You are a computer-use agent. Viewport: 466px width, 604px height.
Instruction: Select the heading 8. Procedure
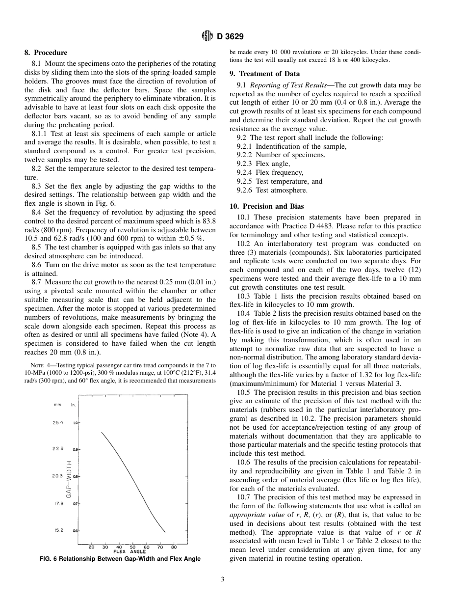tap(46, 53)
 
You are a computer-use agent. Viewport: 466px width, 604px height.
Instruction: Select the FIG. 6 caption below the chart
tap(120, 559)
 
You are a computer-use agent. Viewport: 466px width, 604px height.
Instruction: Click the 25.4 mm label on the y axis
tap(58, 422)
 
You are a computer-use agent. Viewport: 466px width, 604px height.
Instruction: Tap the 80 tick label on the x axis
tap(174, 547)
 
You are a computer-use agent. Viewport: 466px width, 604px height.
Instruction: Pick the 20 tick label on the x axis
tap(92, 547)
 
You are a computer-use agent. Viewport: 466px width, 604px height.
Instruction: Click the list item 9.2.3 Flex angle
tap(263, 164)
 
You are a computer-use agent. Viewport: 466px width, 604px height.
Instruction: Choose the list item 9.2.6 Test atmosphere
tap(272, 190)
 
